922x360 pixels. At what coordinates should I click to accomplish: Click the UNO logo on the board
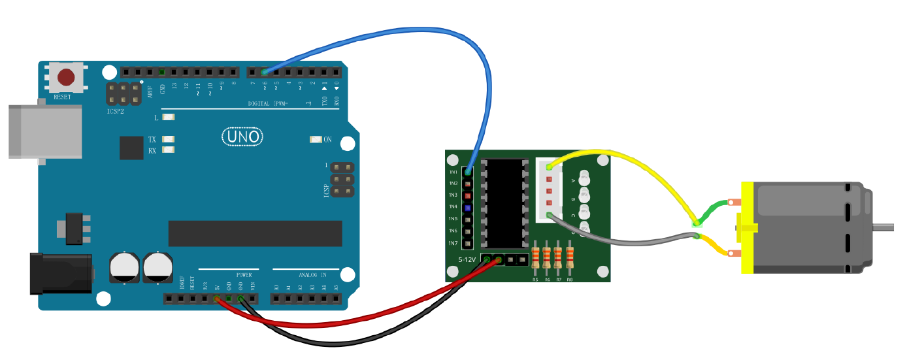243,137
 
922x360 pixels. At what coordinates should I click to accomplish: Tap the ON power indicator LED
316,140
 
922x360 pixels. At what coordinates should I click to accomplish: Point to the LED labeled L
169,118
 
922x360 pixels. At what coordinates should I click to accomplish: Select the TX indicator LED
169,140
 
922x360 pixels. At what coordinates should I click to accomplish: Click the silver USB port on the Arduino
44,131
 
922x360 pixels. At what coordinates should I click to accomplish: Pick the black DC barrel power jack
60,273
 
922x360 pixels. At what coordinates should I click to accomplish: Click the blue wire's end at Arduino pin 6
265,72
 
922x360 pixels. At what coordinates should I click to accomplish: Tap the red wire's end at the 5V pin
217,299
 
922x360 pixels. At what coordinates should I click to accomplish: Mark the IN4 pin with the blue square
467,207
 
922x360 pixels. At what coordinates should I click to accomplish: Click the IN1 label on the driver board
453,172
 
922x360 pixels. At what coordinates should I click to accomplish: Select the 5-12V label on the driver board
467,260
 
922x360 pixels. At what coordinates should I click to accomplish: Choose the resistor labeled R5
536,257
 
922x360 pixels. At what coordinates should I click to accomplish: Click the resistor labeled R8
570,257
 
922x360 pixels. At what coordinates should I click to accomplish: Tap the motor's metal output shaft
882,227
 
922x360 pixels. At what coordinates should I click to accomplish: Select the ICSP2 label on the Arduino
116,111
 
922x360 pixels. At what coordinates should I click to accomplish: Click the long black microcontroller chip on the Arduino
255,233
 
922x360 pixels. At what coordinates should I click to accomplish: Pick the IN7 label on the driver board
453,243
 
